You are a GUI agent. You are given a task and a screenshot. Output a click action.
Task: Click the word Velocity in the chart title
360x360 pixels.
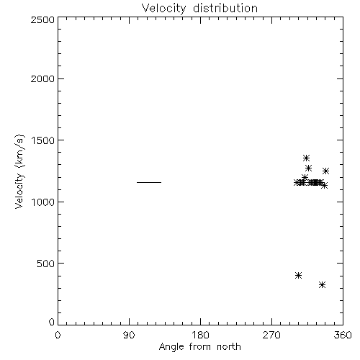(164, 9)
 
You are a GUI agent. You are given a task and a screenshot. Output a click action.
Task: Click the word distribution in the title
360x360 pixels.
(225, 8)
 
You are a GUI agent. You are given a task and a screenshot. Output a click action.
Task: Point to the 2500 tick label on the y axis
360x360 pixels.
(42, 19)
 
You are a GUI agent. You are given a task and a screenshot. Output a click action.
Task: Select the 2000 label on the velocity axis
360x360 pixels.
(42, 78)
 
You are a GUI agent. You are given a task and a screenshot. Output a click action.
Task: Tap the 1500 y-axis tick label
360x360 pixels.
(43, 140)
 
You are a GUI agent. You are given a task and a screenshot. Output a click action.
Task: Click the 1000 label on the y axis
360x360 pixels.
(43, 202)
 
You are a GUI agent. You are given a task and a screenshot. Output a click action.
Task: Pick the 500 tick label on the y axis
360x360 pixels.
(46, 264)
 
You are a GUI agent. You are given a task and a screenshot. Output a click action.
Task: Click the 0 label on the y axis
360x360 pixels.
(52, 322)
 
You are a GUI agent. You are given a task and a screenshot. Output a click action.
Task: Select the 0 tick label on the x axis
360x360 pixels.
(58, 335)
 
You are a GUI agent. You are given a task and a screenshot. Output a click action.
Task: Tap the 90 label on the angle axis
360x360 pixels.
(129, 335)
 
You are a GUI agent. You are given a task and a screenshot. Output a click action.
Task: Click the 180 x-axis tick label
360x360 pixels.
(200, 335)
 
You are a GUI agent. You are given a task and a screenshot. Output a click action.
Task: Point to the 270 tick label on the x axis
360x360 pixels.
(271, 335)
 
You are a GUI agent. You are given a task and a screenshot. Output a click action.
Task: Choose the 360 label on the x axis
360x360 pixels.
(343, 335)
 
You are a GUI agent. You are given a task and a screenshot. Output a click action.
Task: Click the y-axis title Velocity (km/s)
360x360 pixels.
(19, 171)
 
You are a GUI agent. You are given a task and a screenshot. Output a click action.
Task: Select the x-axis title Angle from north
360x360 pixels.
(200, 347)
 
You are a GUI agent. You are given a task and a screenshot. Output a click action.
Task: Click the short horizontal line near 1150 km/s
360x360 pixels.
(149, 182)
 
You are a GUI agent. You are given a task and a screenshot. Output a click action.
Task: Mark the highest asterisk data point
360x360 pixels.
(306, 158)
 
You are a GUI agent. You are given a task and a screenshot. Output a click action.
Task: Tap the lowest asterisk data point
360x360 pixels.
(323, 285)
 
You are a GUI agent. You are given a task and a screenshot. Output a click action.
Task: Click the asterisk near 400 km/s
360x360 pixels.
(298, 275)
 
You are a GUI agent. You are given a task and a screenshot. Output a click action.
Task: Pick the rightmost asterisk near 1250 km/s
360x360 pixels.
(325, 171)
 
